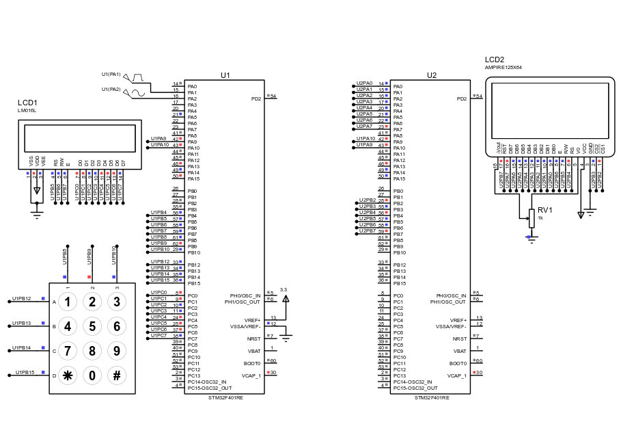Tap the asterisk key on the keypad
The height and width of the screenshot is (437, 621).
(x=67, y=375)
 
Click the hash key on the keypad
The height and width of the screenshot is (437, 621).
(x=117, y=375)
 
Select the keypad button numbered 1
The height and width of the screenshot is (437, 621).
(x=67, y=302)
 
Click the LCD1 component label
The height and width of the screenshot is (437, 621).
(x=27, y=103)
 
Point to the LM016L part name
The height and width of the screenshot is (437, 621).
(x=27, y=110)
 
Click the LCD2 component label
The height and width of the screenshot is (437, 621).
(x=495, y=60)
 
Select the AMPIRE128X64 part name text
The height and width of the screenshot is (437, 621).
(x=503, y=68)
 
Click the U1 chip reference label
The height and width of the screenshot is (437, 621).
(x=225, y=75)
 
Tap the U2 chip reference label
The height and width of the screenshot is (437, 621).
(x=431, y=75)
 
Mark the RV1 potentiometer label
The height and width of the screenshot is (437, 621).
(x=544, y=210)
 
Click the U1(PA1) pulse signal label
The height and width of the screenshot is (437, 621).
(x=111, y=74)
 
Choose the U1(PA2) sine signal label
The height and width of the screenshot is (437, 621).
(x=111, y=89)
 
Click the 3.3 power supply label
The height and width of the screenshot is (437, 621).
(x=284, y=290)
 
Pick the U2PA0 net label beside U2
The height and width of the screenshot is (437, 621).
(x=364, y=83)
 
